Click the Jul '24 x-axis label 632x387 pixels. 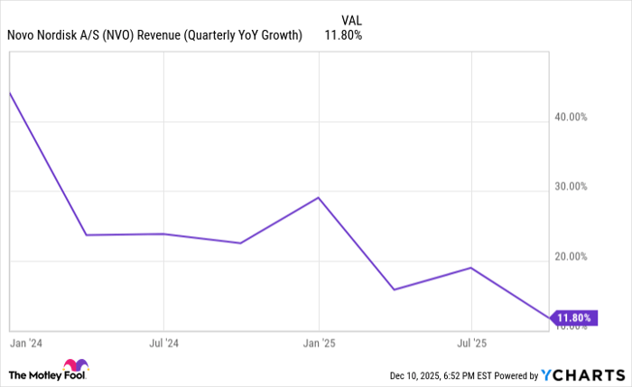(163, 345)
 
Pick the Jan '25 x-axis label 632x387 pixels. (318, 345)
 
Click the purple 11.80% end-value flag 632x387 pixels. (573, 317)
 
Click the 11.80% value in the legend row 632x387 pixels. (343, 35)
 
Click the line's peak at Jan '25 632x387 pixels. (318, 197)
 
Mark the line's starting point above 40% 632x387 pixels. (9, 92)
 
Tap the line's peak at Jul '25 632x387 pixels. (470, 268)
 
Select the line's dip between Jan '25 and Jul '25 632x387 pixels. (394, 289)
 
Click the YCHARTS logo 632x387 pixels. (581, 374)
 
